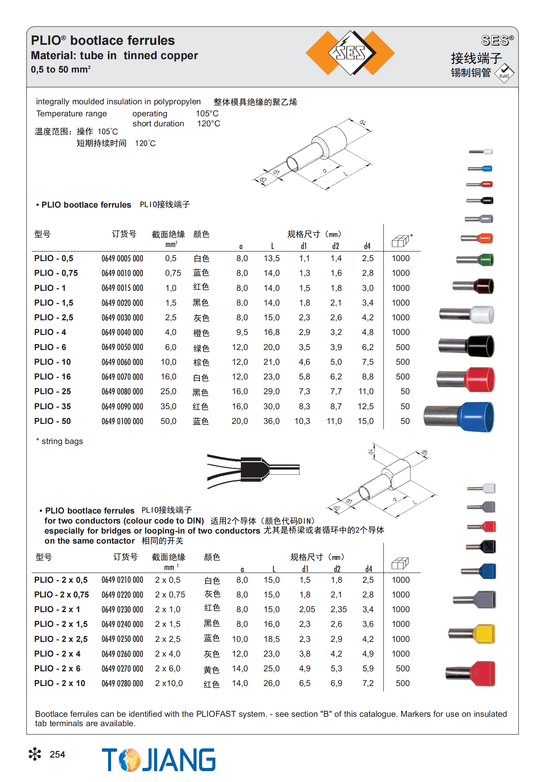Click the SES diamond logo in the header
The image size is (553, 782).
coord(350,53)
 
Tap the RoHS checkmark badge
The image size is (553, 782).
coord(504,73)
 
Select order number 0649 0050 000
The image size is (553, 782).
coord(122,347)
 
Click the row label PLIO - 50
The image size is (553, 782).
coord(52,421)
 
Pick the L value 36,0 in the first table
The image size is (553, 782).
coord(271,421)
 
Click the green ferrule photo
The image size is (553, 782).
coord(476,260)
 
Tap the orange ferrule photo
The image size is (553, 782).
coord(477,238)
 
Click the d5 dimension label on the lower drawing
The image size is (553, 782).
coord(424,453)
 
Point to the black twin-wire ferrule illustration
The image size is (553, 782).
coord(253,469)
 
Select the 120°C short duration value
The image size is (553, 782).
coord(209,124)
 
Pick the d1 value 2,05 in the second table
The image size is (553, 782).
coord(307,609)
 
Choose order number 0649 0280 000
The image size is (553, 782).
coord(122,683)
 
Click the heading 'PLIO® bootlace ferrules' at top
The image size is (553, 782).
coord(103,40)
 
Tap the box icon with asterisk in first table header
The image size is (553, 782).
coord(401,241)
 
